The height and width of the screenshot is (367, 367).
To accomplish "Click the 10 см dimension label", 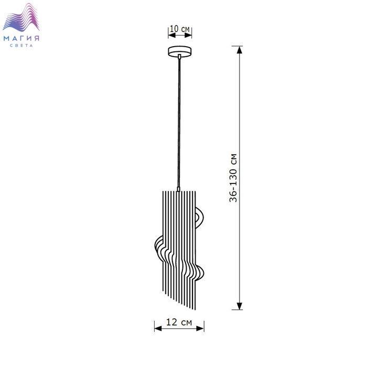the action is tap(179, 29).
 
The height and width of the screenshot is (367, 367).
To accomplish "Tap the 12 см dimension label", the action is tap(179, 322).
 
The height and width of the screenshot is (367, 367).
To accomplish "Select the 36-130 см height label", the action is tap(233, 178).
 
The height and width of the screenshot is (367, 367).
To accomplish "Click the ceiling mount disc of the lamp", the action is tap(179, 51).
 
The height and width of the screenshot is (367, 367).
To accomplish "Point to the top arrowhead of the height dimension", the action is tap(239, 50).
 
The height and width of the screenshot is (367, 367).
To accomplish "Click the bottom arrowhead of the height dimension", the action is tap(239, 306).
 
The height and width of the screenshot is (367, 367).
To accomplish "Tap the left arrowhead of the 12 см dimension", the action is tap(158, 328).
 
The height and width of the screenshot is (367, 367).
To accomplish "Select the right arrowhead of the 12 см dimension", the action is tap(200, 328).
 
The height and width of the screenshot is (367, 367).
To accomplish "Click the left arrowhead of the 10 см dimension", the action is tap(172, 35).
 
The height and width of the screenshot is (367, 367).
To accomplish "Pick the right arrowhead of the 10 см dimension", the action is tap(188, 35).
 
